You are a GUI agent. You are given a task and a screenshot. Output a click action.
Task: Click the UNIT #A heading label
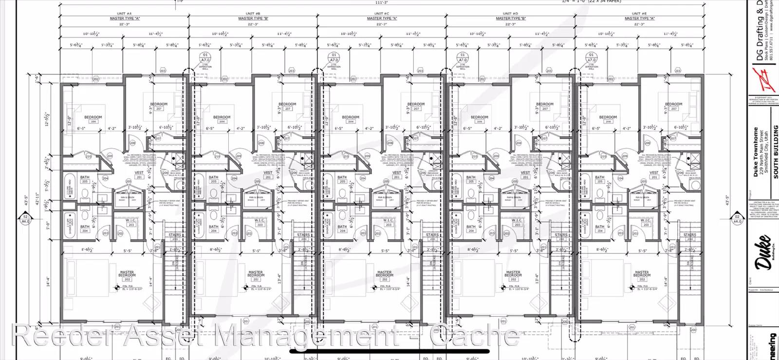pyautogui.click(x=125, y=14)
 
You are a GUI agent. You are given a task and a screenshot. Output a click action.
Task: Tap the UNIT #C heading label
pyautogui.click(x=382, y=14)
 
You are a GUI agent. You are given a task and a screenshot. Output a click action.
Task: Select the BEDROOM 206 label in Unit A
pyautogui.click(x=93, y=119)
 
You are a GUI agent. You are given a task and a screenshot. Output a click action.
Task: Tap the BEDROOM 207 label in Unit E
pyautogui.click(x=673, y=106)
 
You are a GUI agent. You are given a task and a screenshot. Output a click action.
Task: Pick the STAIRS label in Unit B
pyautogui.click(x=303, y=236)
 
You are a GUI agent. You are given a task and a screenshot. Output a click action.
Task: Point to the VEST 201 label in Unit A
pyautogui.click(x=139, y=174)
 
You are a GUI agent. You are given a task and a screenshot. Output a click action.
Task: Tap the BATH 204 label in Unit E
pyautogui.click(x=599, y=228)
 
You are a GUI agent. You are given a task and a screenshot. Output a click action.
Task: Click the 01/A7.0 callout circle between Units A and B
pyautogui.click(x=205, y=57)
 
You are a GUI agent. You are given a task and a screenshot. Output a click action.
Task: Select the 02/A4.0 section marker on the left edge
pyautogui.click(x=25, y=219)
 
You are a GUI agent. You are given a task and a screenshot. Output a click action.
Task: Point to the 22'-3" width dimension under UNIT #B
pyautogui.click(x=253, y=24)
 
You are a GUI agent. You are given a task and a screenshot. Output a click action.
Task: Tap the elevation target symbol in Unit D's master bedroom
pyautogui.click(x=503, y=288)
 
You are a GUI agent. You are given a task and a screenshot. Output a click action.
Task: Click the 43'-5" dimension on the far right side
pyautogui.click(x=728, y=201)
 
